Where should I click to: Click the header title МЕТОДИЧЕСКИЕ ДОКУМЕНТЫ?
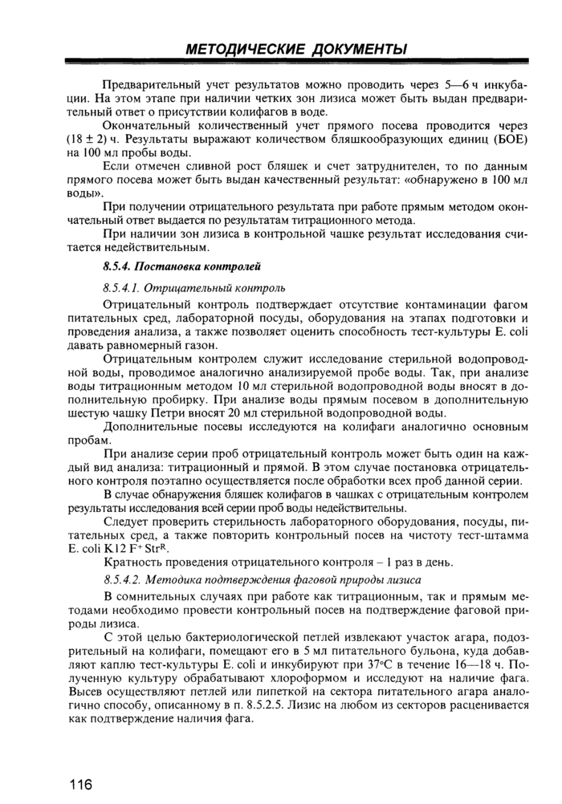[x=295, y=50]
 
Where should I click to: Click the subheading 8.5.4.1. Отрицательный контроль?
[x=194, y=286]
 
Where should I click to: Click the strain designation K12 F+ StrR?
[x=128, y=543]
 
